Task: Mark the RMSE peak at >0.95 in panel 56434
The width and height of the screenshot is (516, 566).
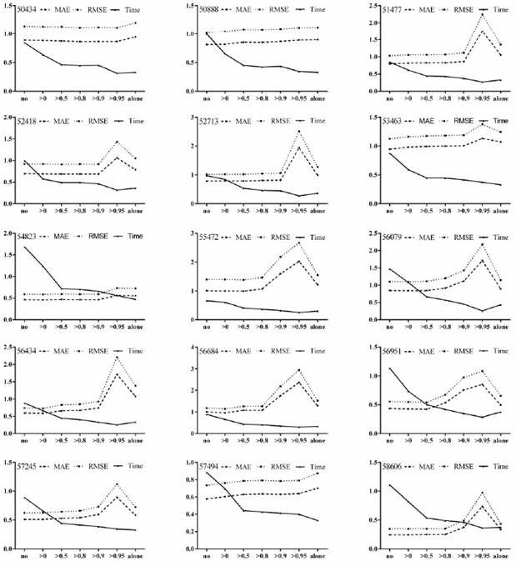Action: pyautogui.click(x=117, y=358)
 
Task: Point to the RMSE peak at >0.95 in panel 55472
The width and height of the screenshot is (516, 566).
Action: pyautogui.click(x=298, y=243)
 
